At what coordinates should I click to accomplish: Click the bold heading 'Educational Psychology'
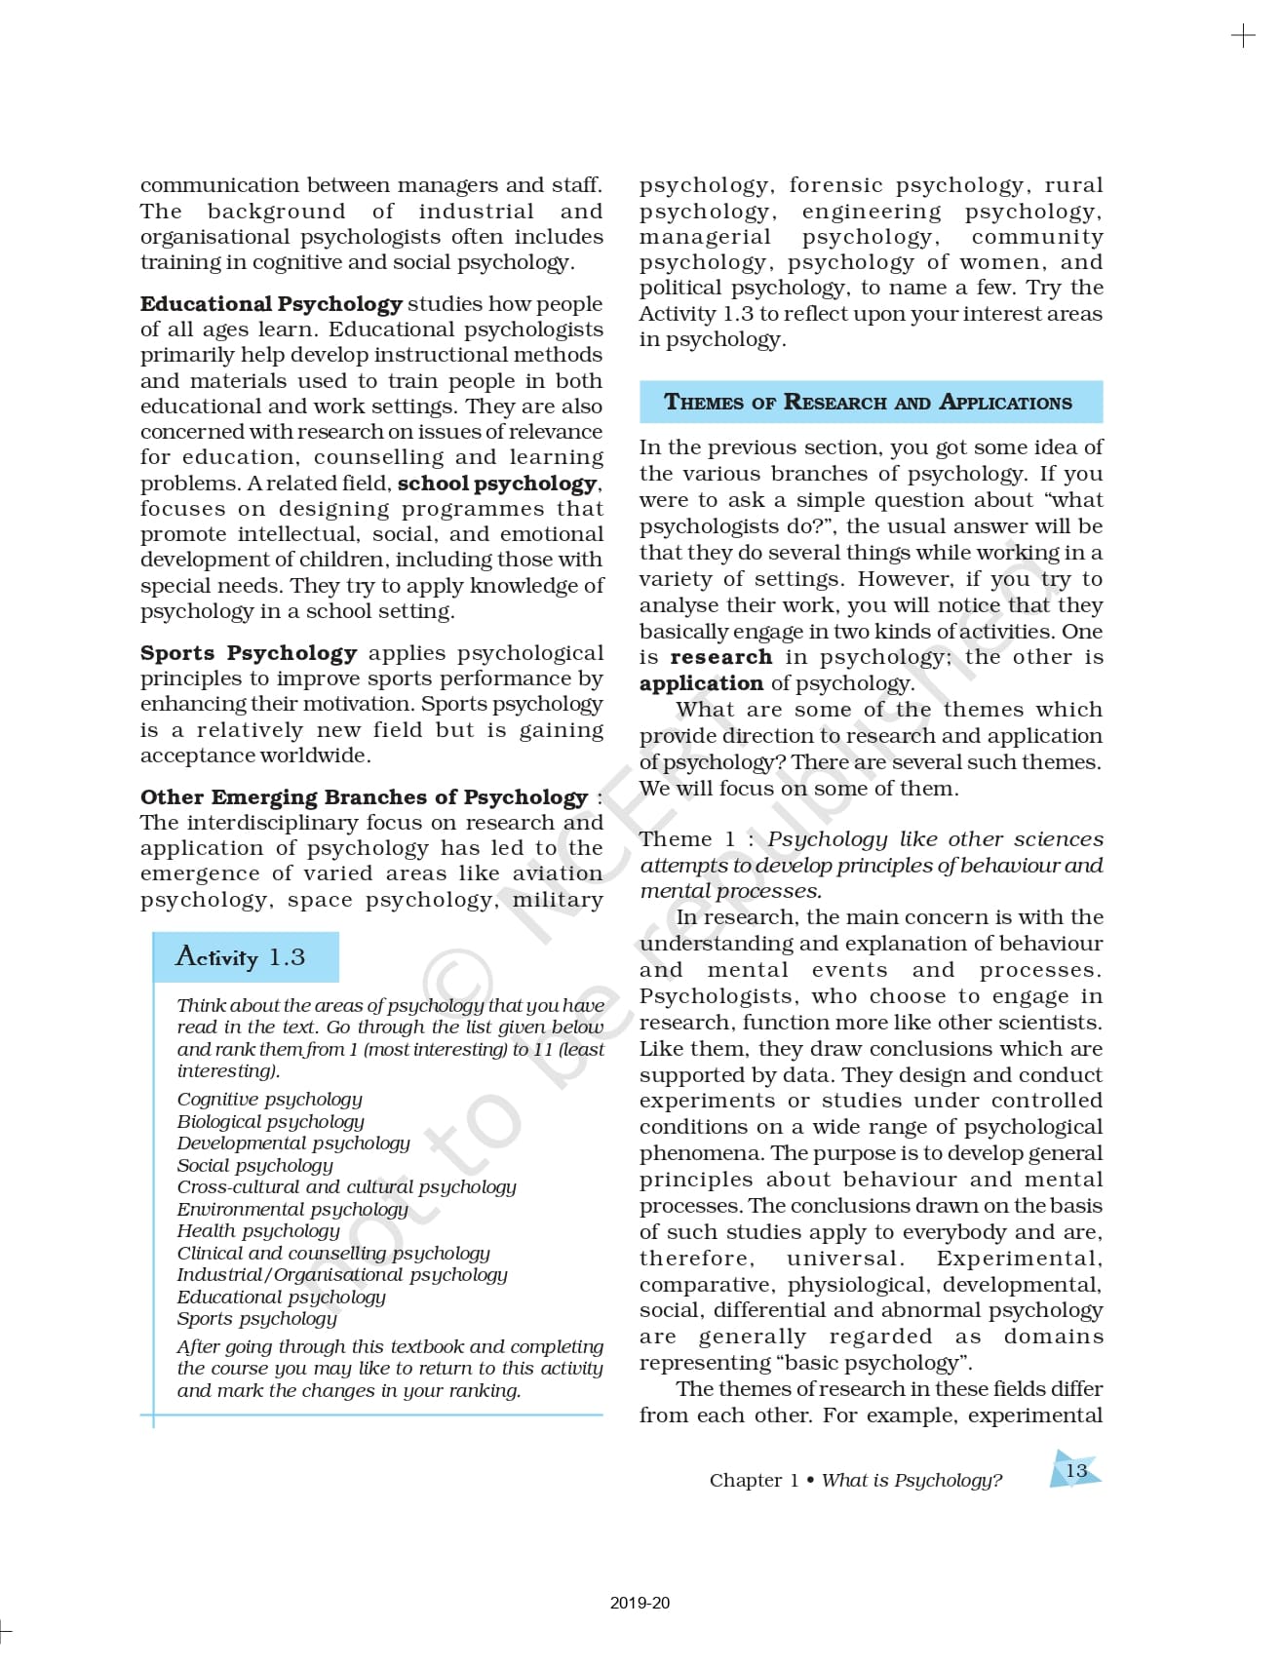(271, 304)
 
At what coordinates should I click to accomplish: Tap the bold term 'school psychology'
(497, 484)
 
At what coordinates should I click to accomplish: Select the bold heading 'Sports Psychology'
(249, 653)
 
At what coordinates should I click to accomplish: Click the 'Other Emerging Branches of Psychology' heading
(364, 797)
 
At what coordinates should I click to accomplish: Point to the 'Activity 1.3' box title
(241, 957)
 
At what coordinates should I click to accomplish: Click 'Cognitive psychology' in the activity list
(269, 1100)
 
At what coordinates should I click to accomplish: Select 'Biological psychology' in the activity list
(270, 1122)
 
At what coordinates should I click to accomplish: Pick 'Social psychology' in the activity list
(254, 1166)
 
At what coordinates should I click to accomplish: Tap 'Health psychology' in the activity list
(258, 1231)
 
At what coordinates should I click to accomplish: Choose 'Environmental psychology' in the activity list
(292, 1210)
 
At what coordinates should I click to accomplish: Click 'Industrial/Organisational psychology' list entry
(342, 1275)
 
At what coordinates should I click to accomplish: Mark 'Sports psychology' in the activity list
(257, 1319)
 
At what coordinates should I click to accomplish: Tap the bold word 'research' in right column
(721, 658)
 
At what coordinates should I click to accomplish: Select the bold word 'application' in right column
(701, 684)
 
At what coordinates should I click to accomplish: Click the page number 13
(1076, 1470)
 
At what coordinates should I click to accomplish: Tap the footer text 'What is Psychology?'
(912, 1481)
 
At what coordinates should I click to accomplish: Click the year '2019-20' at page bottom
(640, 1603)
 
